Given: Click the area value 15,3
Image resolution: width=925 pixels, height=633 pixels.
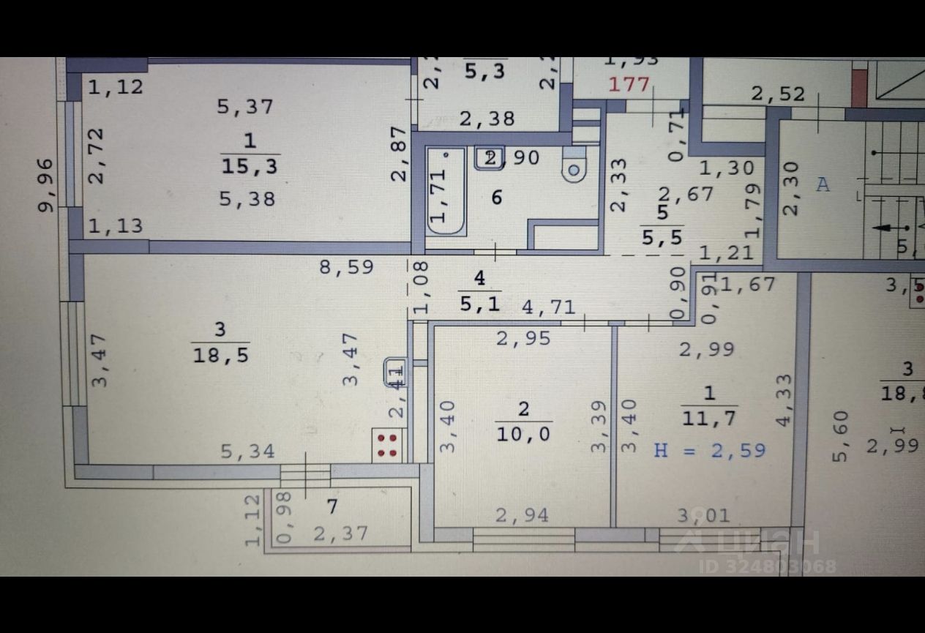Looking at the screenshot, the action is click(250, 166).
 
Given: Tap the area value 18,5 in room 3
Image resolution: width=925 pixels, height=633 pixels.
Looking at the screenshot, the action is click(220, 356).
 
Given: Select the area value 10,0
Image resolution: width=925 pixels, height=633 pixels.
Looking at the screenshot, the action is click(523, 434).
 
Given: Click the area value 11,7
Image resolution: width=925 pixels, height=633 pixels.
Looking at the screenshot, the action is click(709, 418).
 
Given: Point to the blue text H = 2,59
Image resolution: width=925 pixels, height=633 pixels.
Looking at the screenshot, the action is click(709, 449).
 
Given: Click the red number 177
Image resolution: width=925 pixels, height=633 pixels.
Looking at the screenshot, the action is click(629, 84).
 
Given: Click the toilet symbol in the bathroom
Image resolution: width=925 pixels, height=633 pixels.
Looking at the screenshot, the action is click(574, 168).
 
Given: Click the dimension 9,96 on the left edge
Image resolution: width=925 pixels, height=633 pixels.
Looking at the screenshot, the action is click(46, 184).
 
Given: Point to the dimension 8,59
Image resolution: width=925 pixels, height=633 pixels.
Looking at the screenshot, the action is click(346, 267).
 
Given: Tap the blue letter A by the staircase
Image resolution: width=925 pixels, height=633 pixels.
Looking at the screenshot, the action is click(823, 184).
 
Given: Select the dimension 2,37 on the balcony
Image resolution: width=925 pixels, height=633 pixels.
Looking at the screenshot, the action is click(340, 533).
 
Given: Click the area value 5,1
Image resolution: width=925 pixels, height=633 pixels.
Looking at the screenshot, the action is click(480, 302).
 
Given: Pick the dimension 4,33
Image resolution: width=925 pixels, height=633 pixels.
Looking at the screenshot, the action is click(784, 400).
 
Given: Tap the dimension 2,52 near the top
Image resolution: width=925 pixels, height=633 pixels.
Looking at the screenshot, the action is click(778, 94).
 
